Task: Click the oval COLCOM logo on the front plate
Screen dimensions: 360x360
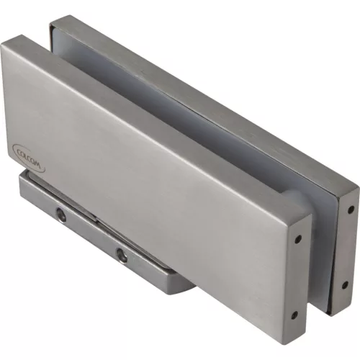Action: coord(28,158)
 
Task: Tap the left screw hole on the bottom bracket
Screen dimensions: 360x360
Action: coord(61,215)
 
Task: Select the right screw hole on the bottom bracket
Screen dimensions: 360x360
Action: coord(122,256)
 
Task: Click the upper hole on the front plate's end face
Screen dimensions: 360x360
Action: coord(297,239)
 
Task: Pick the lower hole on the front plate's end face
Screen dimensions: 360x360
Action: coord(294,315)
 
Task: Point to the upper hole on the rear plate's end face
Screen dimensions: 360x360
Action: coord(351,209)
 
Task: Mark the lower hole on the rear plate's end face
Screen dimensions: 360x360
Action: coord(345,285)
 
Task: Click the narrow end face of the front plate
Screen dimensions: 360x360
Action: coord(296,279)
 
